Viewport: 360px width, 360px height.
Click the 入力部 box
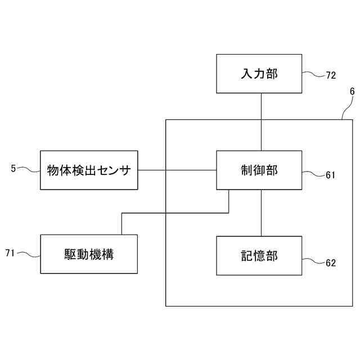(x=259, y=73)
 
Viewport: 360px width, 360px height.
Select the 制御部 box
(x=259, y=170)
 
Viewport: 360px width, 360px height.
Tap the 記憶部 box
(x=259, y=255)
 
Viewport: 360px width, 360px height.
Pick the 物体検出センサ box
(x=89, y=170)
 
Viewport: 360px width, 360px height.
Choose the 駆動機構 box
(x=89, y=254)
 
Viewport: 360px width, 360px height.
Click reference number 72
(x=331, y=75)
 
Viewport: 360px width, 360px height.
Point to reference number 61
(x=330, y=175)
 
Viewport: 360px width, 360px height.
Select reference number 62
(x=331, y=263)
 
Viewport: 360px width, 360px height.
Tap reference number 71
(x=11, y=253)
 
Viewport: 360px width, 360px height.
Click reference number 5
(x=13, y=168)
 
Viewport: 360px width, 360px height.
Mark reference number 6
(x=352, y=91)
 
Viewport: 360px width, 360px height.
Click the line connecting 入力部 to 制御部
(x=261, y=121)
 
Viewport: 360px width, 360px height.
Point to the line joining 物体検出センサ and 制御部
(x=177, y=170)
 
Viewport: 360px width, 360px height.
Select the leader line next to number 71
(x=29, y=254)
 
